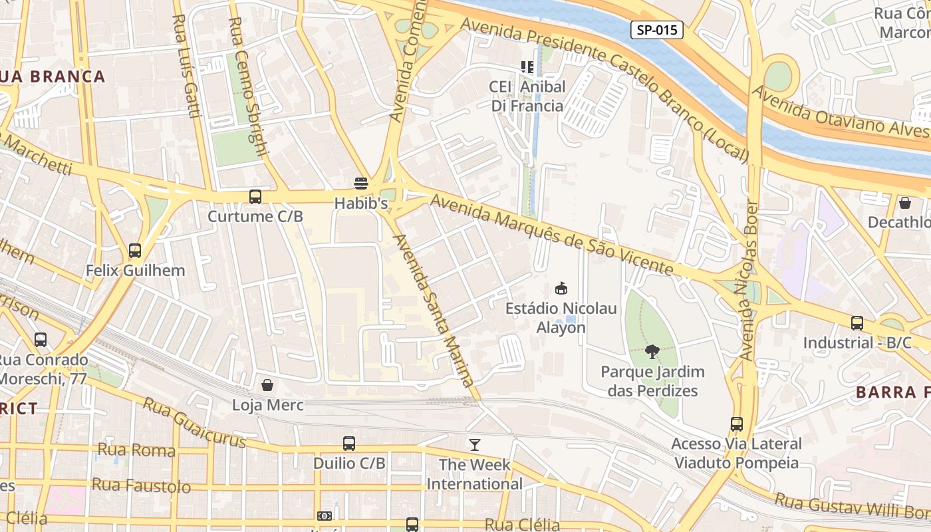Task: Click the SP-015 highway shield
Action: [x=657, y=29]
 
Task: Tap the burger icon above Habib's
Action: [x=361, y=184]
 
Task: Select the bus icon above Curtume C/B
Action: [x=255, y=197]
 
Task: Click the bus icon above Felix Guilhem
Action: [x=135, y=251]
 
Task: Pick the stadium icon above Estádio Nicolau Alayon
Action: [x=561, y=289]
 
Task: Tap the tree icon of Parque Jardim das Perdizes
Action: [x=652, y=351]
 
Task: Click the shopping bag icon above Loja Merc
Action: [x=267, y=385]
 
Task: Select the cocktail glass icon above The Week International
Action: [x=474, y=444]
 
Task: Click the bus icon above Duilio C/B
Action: [x=349, y=444]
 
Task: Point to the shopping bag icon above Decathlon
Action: [x=904, y=202]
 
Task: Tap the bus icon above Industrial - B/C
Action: [x=857, y=323]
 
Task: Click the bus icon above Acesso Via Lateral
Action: [x=737, y=424]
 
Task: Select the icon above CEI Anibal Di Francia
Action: [x=527, y=66]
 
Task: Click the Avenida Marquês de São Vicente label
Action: [x=551, y=233]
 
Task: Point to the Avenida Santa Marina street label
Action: [x=434, y=310]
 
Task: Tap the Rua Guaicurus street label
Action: [x=194, y=423]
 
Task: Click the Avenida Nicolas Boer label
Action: [x=748, y=279]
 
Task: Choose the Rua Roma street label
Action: [x=136, y=450]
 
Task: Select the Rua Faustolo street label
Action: [x=141, y=485]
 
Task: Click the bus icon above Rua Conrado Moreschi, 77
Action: [x=41, y=340]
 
